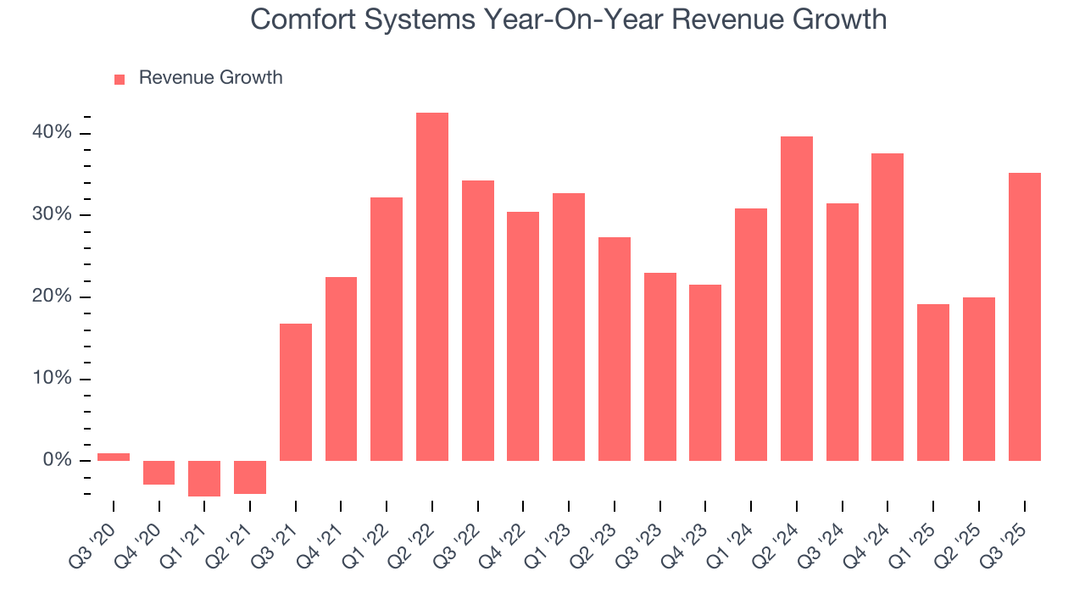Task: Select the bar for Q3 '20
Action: click(x=114, y=457)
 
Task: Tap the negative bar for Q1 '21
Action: click(x=204, y=479)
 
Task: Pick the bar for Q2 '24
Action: click(x=797, y=298)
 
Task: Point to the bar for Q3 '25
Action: click(x=1024, y=317)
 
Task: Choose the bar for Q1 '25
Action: click(x=933, y=382)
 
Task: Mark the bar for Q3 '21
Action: click(x=296, y=392)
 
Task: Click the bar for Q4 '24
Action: click(x=887, y=307)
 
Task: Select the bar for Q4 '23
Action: click(x=705, y=373)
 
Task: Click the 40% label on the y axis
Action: click(x=53, y=133)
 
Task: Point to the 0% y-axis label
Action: click(x=58, y=460)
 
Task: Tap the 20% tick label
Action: click(x=53, y=297)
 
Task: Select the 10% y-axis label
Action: click(x=53, y=379)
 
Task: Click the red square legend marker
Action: click(x=120, y=79)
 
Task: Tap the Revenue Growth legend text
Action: click(x=210, y=78)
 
